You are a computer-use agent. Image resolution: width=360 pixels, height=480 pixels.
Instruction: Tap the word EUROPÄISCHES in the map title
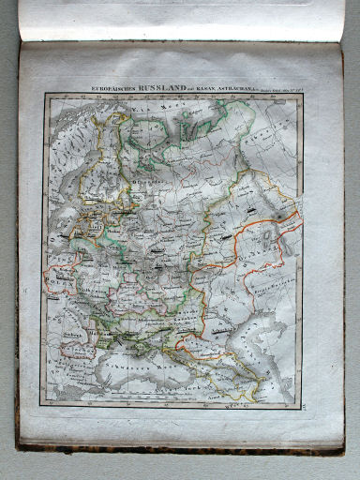click(117, 90)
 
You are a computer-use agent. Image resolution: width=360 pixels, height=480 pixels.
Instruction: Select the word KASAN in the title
click(218, 90)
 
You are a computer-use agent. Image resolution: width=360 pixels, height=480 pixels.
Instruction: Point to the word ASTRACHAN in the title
click(247, 90)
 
